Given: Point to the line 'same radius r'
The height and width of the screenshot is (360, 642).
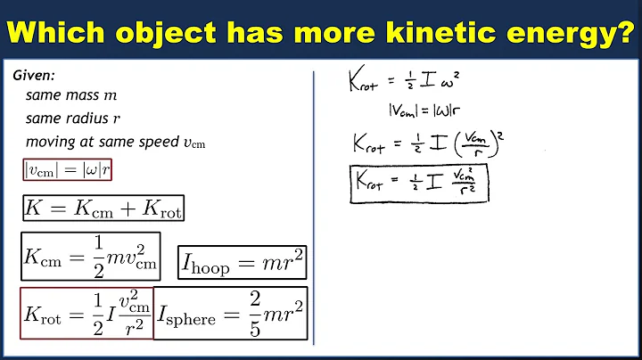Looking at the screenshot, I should tap(68, 119).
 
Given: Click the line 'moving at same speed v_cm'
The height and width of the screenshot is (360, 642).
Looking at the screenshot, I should tap(115, 143).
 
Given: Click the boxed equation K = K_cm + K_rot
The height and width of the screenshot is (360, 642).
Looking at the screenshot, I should tap(103, 209).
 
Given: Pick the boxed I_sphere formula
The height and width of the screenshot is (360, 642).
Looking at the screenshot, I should tap(231, 313).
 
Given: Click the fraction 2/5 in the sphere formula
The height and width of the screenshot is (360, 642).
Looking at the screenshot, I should tap(254, 313).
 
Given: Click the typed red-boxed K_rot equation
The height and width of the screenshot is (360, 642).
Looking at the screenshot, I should tap(86, 314).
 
